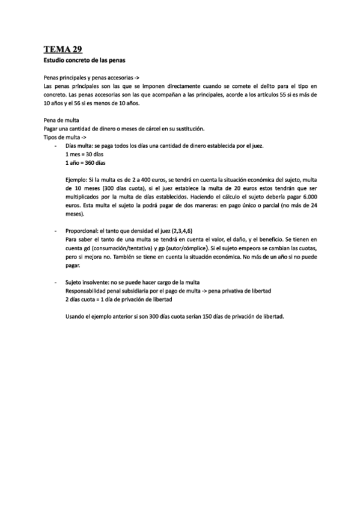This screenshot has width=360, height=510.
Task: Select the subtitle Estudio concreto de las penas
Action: [x=84, y=61]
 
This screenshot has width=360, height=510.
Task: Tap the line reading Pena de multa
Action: [x=62, y=120]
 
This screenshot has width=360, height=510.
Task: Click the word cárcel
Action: [x=148, y=129]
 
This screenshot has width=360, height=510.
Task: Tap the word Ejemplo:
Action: [x=76, y=180]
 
